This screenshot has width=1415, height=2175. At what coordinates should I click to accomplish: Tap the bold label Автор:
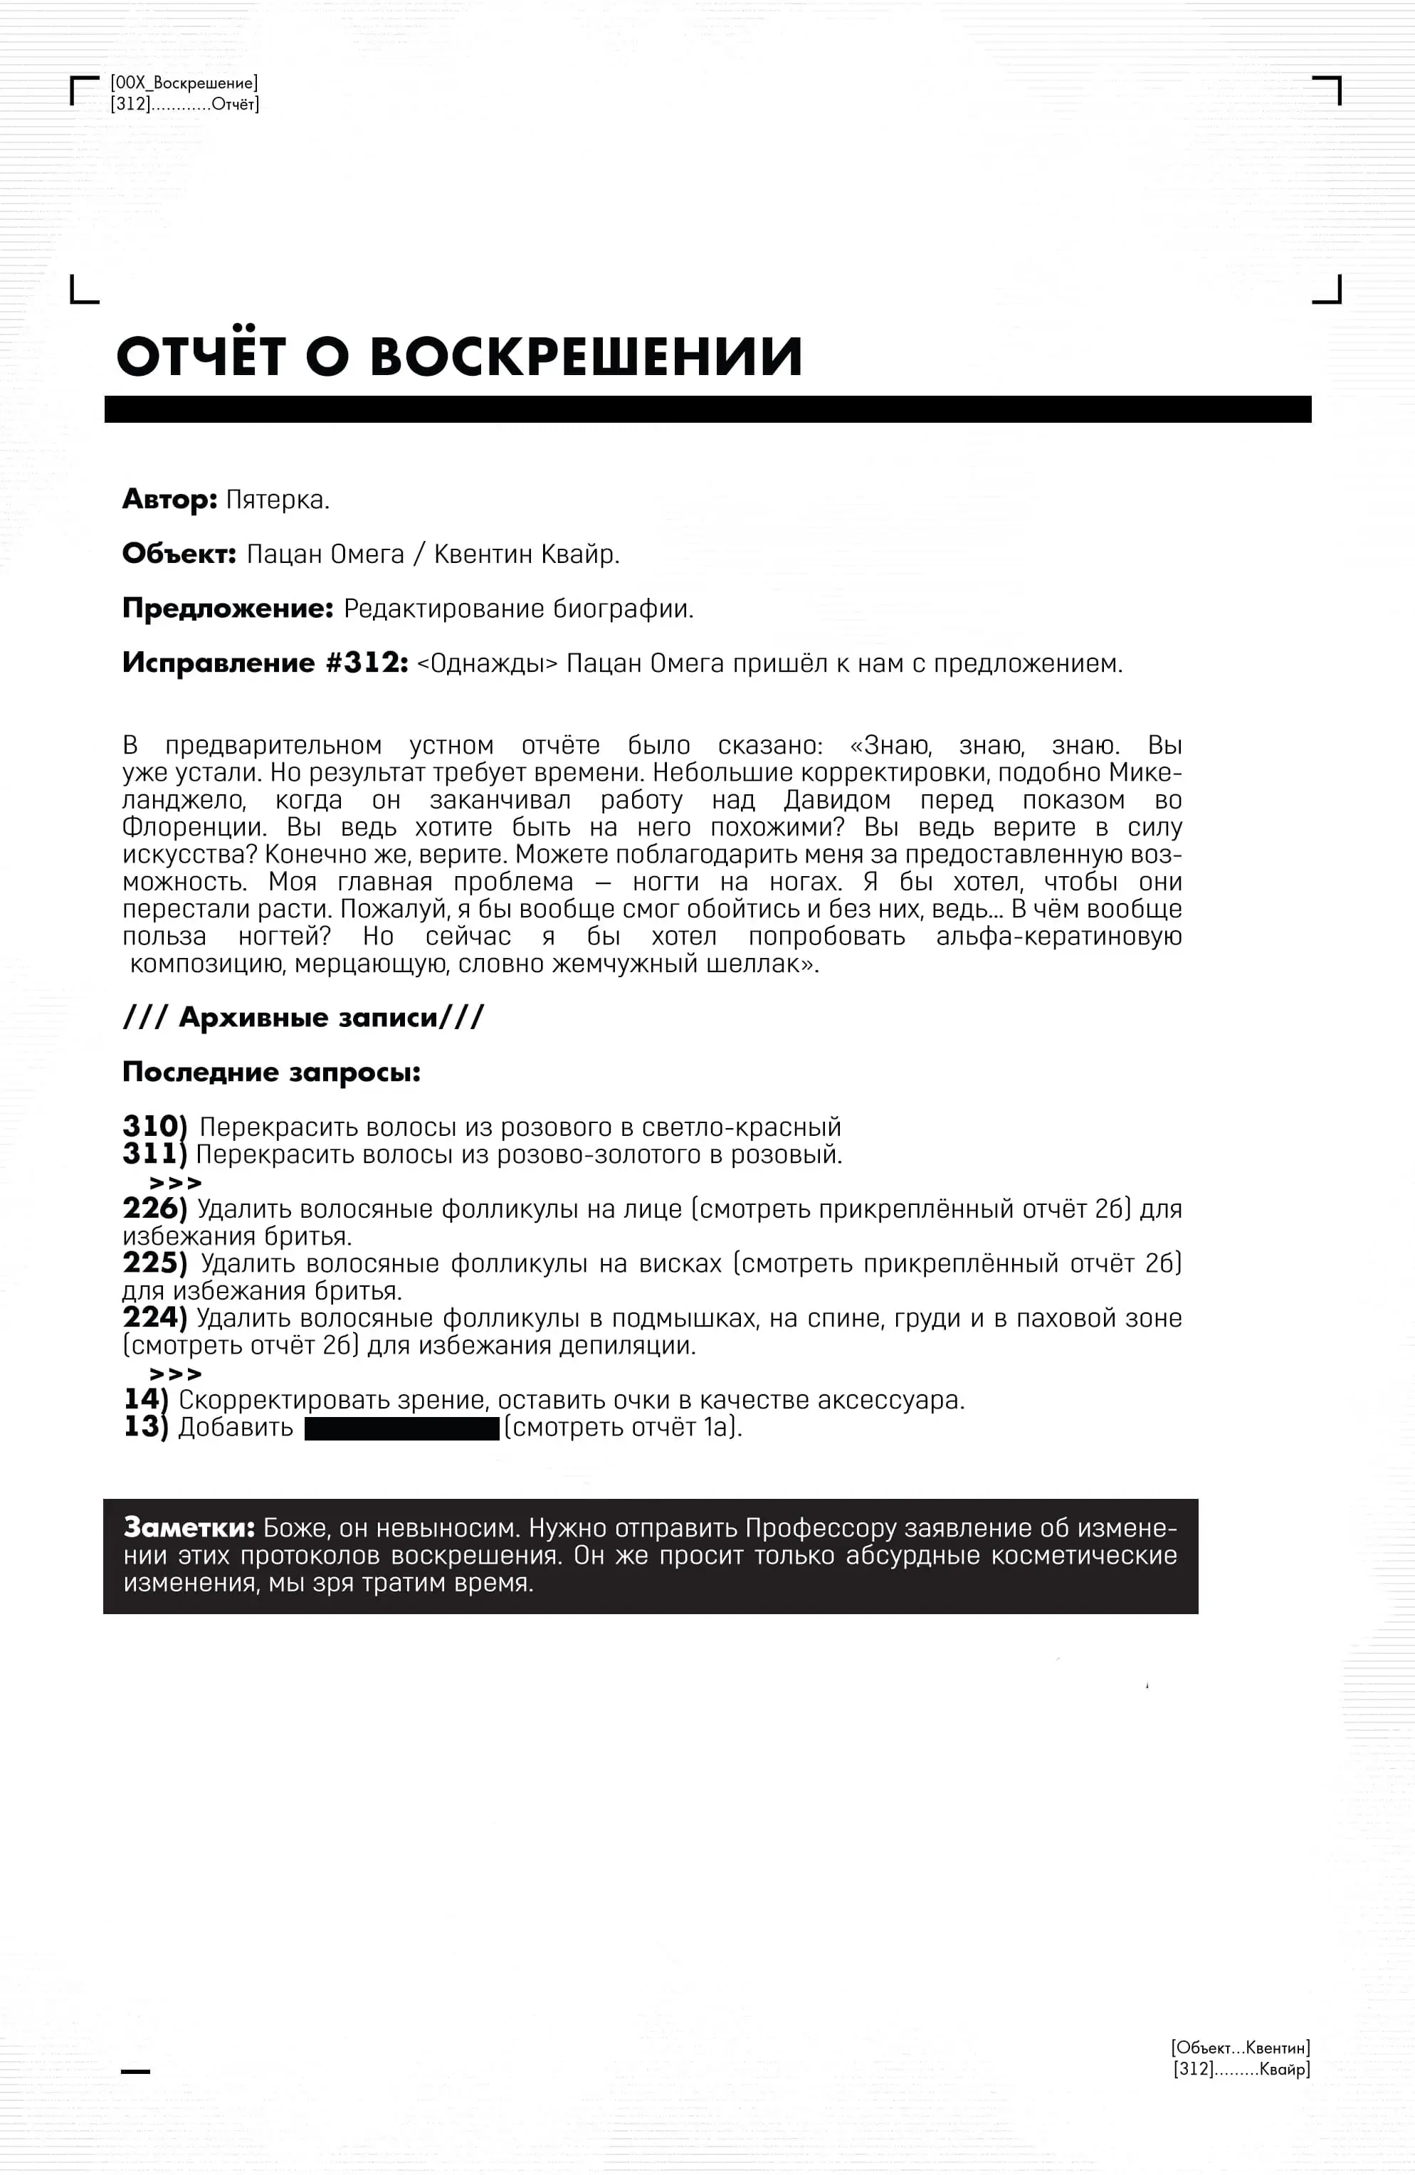[170, 500]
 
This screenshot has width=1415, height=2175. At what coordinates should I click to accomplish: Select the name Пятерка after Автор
[277, 500]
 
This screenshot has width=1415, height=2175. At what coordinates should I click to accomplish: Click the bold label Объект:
[179, 554]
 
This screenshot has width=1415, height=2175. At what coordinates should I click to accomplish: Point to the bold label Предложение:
[228, 609]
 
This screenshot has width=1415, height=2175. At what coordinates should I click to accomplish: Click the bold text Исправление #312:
[265, 663]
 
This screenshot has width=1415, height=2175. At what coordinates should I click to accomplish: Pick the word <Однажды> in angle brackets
[486, 663]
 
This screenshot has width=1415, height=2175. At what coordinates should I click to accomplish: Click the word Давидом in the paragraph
[836, 800]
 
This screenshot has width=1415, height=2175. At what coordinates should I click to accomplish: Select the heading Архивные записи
[308, 1017]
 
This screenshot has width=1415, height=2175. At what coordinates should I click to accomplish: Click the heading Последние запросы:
[271, 1072]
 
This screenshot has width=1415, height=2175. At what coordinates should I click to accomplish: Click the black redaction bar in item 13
[401, 1428]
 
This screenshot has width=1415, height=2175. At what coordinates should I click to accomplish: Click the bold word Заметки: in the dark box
[189, 1528]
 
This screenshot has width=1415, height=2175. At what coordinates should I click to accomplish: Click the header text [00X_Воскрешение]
[184, 83]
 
